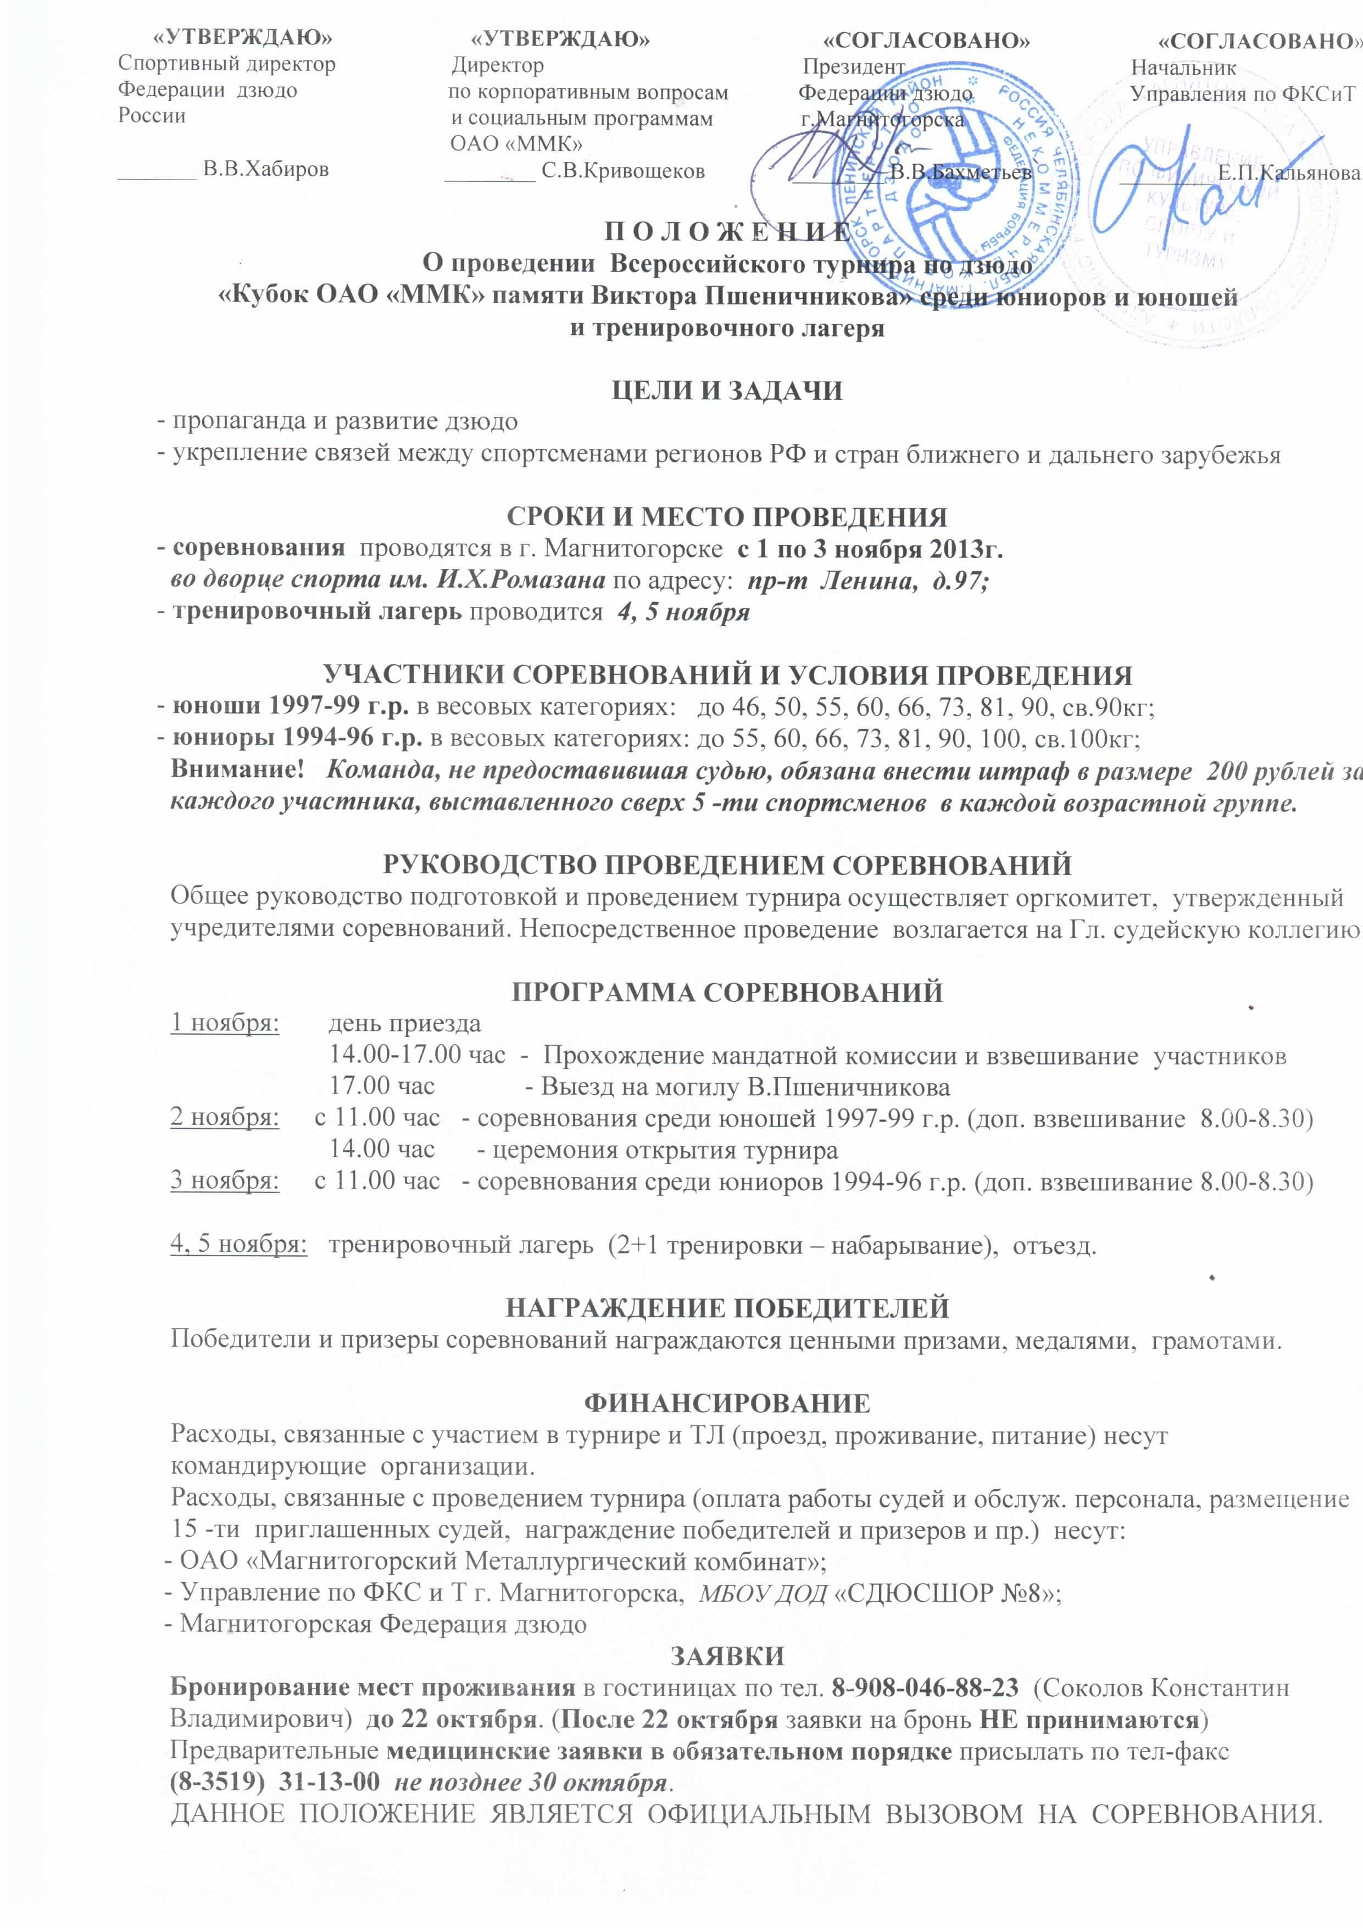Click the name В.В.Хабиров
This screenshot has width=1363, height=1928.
point(266,170)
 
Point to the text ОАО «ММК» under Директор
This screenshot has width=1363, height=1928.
point(505,143)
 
